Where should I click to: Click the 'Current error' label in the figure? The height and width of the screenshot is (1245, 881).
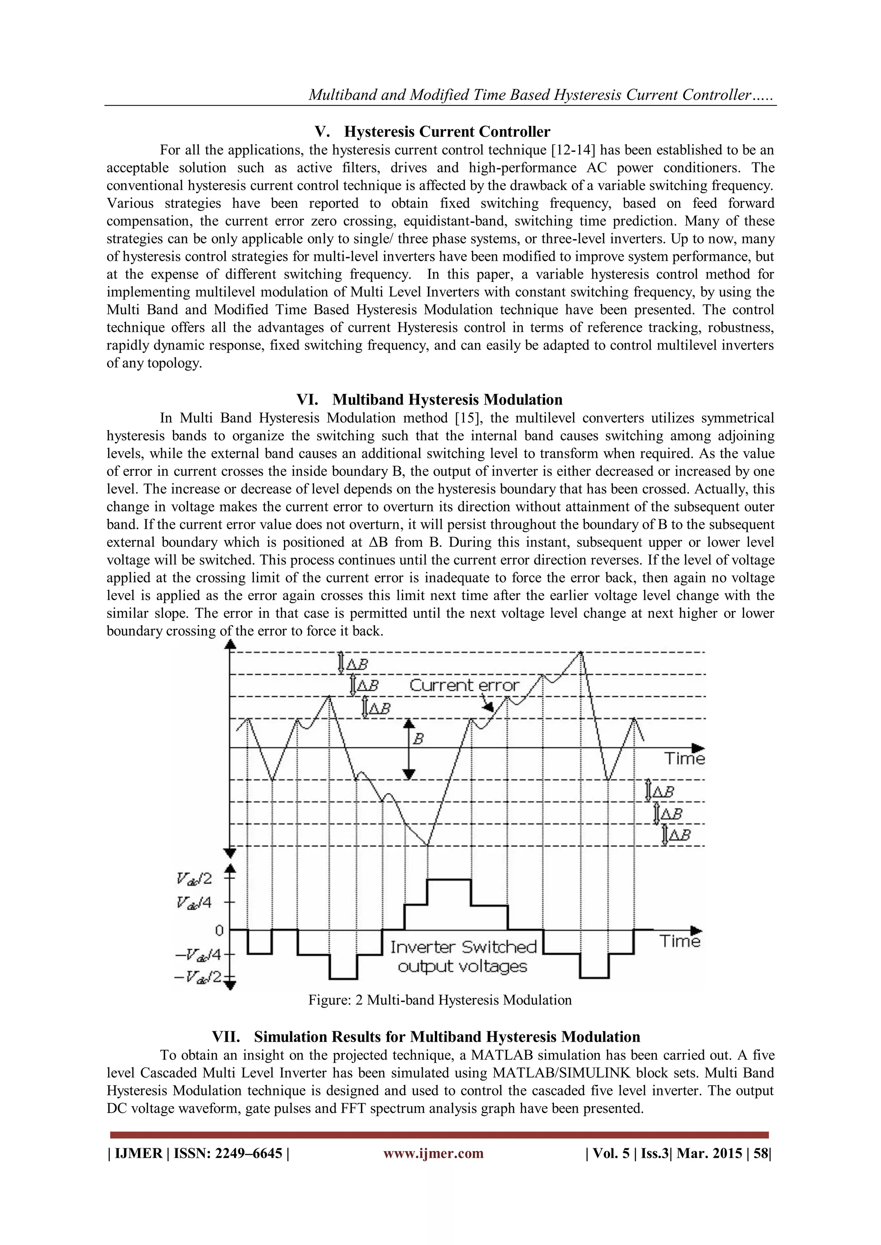pos(464,685)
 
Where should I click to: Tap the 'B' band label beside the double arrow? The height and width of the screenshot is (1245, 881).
pos(418,739)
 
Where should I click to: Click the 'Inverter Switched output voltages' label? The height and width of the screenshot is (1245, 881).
pos(463,957)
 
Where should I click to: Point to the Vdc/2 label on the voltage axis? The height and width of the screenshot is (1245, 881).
pos(194,878)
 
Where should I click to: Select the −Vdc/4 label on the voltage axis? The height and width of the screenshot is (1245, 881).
pos(198,954)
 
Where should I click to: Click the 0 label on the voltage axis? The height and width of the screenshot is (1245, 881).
pos(219,930)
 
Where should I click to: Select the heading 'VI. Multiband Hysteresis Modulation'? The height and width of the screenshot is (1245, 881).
pos(429,400)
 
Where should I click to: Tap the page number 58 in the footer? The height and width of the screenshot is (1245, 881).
pos(761,1153)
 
